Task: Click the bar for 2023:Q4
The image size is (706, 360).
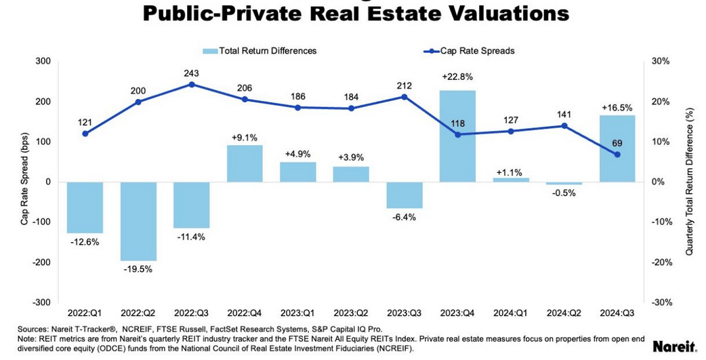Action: [x=457, y=136]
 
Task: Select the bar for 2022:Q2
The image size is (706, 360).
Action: [x=138, y=221]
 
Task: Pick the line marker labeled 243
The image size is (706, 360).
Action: [x=191, y=85]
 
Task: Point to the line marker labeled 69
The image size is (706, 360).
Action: [x=617, y=155]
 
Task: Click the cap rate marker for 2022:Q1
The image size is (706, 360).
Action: [x=85, y=134]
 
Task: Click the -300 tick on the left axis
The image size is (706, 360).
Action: [x=43, y=302]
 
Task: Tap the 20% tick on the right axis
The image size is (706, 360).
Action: [x=661, y=102]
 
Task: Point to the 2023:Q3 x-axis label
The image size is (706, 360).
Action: [x=404, y=313]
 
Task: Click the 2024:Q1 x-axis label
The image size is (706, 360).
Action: [x=510, y=313]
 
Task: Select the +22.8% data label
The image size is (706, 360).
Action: [x=457, y=76]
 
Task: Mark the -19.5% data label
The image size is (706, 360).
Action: [x=138, y=269]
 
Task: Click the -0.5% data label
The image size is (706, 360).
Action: [x=564, y=193]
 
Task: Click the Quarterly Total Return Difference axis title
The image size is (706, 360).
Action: [x=689, y=181]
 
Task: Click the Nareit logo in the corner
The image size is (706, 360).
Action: [x=675, y=346]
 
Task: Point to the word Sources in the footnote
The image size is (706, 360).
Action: [x=32, y=329]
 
